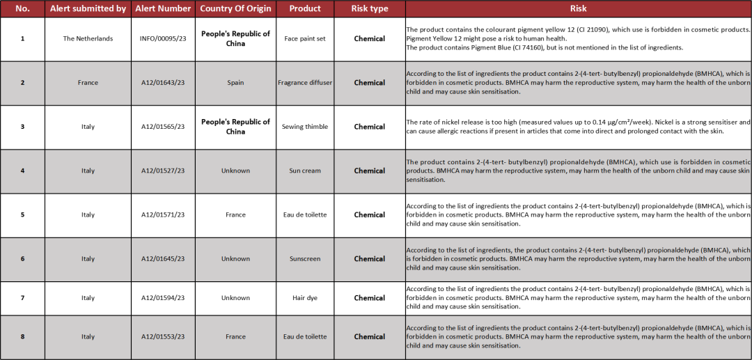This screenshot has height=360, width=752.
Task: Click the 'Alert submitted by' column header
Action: point(88,8)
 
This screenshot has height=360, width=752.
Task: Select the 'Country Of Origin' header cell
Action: point(235,8)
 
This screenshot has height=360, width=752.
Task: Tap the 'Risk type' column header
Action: point(369,8)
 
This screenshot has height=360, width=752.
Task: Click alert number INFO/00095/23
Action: point(163,39)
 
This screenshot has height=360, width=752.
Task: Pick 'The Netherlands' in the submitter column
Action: point(88,39)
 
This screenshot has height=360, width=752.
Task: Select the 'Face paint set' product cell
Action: point(305,39)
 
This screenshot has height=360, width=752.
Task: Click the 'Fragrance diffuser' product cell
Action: point(305,83)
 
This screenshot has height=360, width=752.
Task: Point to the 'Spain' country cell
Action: point(235,83)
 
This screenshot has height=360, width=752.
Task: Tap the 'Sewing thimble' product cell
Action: point(305,127)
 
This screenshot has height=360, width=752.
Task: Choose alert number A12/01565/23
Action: point(163,127)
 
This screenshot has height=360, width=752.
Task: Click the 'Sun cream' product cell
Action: point(305,171)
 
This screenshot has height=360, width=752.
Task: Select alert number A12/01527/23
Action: point(163,171)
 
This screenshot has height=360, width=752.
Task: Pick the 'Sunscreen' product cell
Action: point(305,258)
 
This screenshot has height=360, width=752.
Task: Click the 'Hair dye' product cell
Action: point(305,298)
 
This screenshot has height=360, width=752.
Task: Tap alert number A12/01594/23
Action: point(163,298)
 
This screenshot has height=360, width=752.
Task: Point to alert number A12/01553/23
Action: point(163,336)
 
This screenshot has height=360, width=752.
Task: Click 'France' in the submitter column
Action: point(88,83)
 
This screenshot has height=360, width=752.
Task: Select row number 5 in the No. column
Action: point(22,214)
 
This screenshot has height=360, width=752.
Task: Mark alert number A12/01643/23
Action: point(163,83)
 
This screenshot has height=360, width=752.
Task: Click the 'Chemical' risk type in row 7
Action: point(369,298)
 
